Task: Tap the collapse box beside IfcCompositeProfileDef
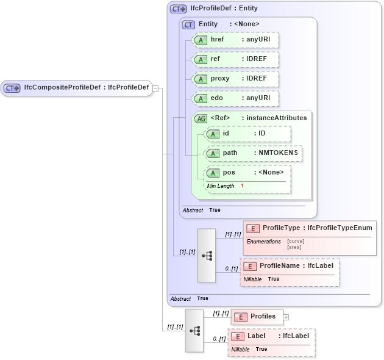point(155,88)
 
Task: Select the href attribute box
point(235,40)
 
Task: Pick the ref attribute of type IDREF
point(235,59)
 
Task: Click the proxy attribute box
point(235,79)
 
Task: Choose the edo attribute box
point(235,98)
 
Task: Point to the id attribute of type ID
point(248,134)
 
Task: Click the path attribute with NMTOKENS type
point(254,153)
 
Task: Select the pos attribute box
point(248,173)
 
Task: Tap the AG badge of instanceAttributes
point(201,118)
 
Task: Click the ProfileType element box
point(310,228)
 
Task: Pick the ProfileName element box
point(290,266)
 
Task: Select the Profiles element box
point(257,317)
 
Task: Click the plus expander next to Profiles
point(286,317)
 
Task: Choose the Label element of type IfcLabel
point(271,336)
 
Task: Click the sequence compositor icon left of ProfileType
point(207,256)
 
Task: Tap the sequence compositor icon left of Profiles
point(194,331)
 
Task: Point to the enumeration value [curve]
point(296,241)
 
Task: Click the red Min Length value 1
point(242,185)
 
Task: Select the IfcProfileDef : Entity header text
point(224,9)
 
